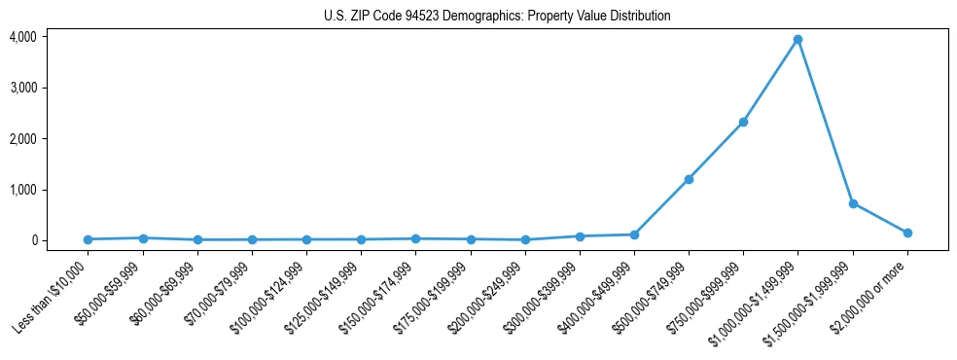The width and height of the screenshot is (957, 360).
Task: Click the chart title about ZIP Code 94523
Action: click(497, 17)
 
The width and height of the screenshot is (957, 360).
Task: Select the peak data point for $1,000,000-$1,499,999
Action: click(797, 40)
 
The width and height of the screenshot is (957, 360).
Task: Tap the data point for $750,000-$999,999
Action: click(743, 122)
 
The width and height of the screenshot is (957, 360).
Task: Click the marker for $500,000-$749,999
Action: click(689, 179)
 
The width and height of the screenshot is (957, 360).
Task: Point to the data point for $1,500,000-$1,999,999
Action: click(853, 203)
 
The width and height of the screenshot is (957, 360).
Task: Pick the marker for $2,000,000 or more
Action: click(907, 233)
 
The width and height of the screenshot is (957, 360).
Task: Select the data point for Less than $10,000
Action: click(89, 239)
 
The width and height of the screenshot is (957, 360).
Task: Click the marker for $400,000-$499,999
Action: click(634, 234)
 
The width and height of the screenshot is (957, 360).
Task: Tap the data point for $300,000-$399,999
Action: click(580, 236)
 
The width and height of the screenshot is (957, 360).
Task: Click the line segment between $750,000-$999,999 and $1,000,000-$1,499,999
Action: click(770, 81)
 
